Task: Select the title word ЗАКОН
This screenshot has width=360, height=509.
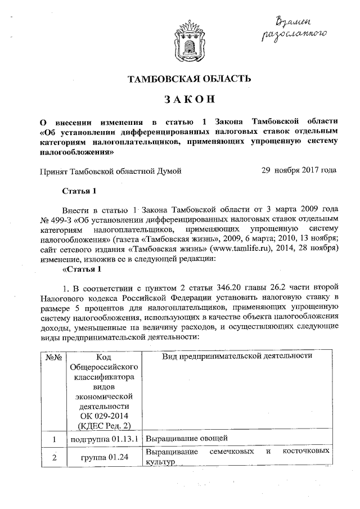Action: [186, 100]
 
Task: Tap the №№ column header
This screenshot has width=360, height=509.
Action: [53, 357]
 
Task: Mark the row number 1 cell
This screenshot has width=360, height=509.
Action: [53, 439]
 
